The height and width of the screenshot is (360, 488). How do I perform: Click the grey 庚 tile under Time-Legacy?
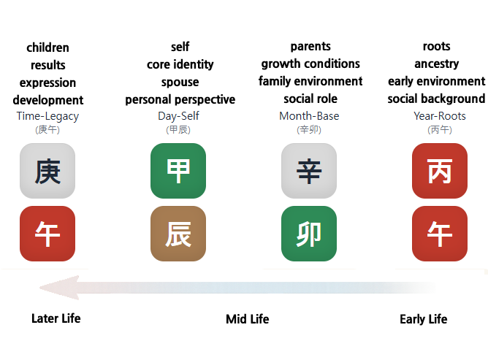pyautogui.click(x=47, y=171)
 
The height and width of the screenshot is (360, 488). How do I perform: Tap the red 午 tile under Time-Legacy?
pyautogui.click(x=47, y=234)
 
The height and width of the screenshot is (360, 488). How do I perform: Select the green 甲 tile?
pyautogui.click(x=178, y=171)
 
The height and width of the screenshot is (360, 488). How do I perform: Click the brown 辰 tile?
pyautogui.click(x=178, y=234)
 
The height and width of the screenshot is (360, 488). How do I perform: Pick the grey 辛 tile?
pyautogui.click(x=309, y=171)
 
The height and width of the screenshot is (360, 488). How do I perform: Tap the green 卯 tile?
pyautogui.click(x=309, y=234)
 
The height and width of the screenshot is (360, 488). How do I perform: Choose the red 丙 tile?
pyautogui.click(x=440, y=171)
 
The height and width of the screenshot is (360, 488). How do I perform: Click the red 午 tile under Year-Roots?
pyautogui.click(x=440, y=234)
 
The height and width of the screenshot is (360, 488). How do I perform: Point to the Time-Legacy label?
pyautogui.click(x=47, y=116)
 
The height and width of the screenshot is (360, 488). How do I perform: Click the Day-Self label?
pyautogui.click(x=178, y=116)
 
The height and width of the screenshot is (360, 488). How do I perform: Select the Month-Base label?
pyautogui.click(x=309, y=116)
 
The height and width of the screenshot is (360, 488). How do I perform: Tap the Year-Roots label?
pyautogui.click(x=440, y=116)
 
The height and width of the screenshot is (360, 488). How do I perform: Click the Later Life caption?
pyautogui.click(x=56, y=318)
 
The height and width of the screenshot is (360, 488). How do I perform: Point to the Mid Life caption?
pyautogui.click(x=247, y=319)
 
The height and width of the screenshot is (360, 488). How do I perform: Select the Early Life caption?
pyautogui.click(x=423, y=319)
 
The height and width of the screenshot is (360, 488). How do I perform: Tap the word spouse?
pyautogui.click(x=180, y=82)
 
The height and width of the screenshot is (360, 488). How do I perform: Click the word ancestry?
pyautogui.click(x=436, y=64)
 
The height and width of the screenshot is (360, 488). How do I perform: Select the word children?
pyautogui.click(x=47, y=47)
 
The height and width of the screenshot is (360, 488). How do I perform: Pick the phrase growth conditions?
pyautogui.click(x=310, y=64)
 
